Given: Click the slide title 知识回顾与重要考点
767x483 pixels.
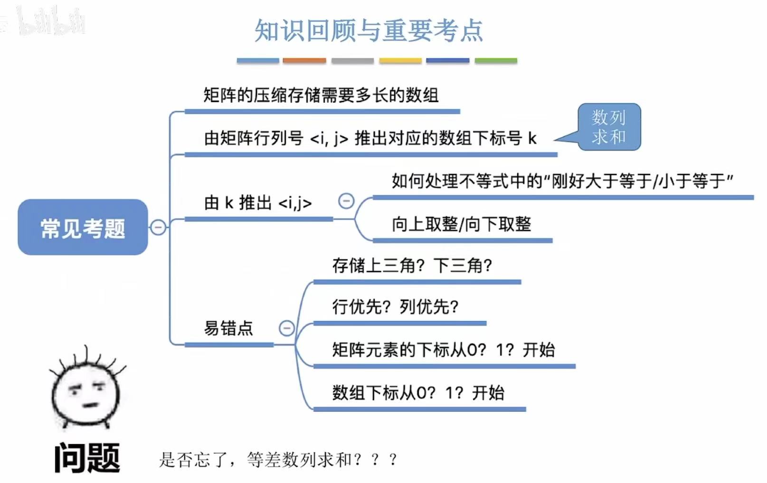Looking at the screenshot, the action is coord(369,30).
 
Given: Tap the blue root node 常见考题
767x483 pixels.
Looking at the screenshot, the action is coord(83,227).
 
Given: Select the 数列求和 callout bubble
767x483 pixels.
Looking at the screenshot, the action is coord(609,127).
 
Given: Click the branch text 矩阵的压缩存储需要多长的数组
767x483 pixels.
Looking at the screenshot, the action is coord(321,95).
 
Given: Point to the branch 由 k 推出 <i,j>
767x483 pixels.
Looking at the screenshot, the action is coord(258,203).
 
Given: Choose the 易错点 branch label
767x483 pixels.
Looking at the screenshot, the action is coord(228,328).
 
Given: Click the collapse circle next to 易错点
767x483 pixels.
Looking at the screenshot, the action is coord(286,328).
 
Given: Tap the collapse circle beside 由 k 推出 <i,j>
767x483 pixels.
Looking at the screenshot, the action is coord(346,201).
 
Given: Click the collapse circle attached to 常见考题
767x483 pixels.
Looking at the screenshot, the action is coord(158,227).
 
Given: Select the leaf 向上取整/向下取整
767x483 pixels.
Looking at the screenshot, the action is coord(461,224).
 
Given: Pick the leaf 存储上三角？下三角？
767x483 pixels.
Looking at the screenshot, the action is coord(412,265).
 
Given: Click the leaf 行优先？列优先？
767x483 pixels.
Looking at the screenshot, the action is coord(395,307).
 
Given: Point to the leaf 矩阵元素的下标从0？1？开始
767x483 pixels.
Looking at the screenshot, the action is coord(443,350).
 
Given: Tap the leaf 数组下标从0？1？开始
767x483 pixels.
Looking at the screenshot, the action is coord(418,393).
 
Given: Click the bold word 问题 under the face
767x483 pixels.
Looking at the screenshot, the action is coord(87,458).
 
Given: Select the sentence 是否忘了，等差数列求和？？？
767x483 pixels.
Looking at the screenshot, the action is coord(278,459).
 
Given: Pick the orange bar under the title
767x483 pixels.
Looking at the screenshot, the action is coord(304,61).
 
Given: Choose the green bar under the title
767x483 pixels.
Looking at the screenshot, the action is coord(496,61).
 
